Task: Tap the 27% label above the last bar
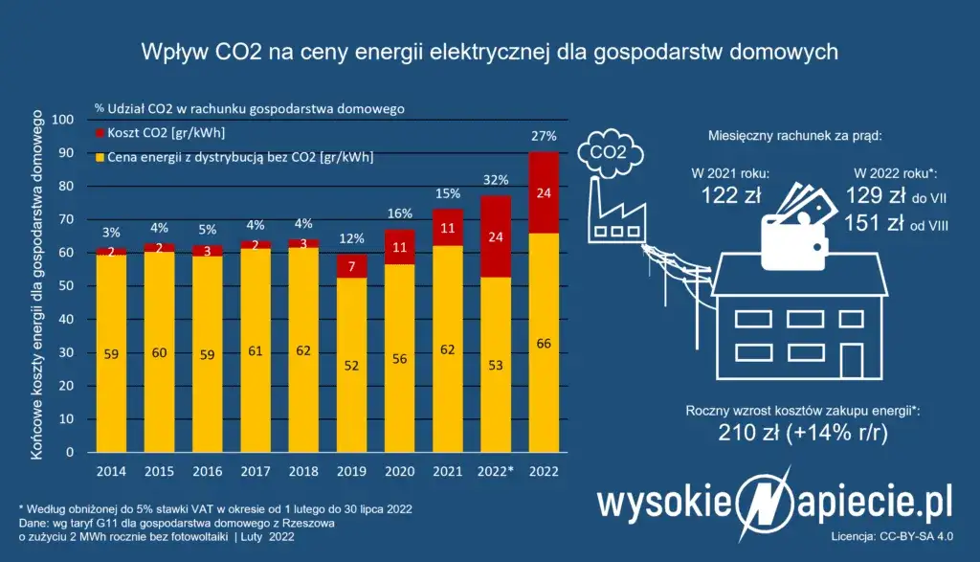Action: (545, 136)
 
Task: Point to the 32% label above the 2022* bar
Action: (496, 180)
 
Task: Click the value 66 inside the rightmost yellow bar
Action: (545, 345)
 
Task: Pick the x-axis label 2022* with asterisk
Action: (498, 471)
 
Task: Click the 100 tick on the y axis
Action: (63, 120)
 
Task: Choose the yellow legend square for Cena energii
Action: (100, 156)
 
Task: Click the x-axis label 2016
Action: (207, 471)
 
